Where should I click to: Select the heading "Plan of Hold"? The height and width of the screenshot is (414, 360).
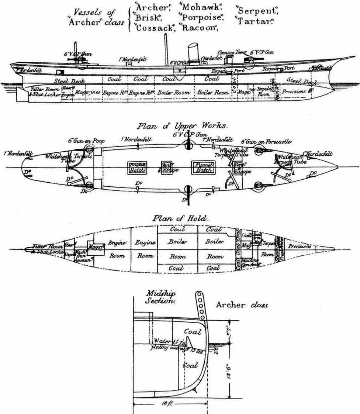[181, 218]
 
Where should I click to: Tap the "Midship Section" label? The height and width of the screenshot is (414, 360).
[160, 297]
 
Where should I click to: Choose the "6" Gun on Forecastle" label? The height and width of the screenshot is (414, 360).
[266, 141]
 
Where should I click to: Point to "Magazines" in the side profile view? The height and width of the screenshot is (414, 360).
[88, 92]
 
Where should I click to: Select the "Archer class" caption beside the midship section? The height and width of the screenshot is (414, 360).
[242, 305]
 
